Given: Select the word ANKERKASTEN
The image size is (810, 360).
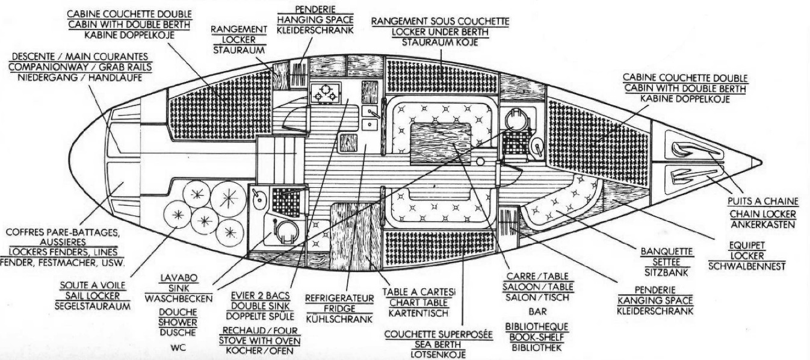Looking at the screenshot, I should (x=762, y=225).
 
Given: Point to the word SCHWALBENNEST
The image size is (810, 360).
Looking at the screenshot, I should (x=747, y=267).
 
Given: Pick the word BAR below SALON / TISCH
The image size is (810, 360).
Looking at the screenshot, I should (x=537, y=312).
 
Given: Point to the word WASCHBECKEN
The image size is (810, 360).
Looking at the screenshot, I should (x=179, y=299).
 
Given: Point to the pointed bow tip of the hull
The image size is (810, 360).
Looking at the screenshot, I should (x=759, y=161).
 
